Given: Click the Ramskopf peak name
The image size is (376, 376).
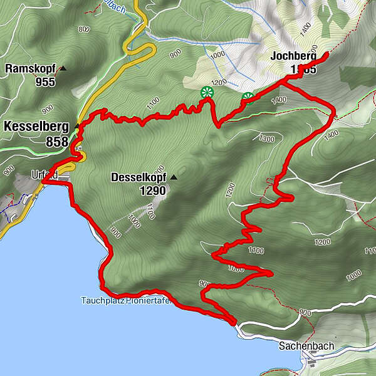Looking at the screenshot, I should click(30, 68).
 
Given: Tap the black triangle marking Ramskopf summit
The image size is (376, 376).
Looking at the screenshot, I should click(63, 68).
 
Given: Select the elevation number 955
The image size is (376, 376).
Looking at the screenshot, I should click(45, 81).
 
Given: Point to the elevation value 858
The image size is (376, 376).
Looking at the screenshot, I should click(57, 142).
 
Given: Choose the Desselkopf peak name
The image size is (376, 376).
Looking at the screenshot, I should click(138, 177).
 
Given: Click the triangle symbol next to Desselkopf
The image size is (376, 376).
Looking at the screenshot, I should click(174, 177).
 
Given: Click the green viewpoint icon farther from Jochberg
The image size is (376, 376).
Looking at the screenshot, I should click(206, 93).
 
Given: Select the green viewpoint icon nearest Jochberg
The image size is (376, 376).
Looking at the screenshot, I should click(248, 98).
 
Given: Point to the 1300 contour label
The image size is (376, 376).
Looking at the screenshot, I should click(266, 138).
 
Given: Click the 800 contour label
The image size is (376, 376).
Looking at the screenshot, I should click(84, 29).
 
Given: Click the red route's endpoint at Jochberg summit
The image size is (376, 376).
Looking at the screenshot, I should click(326, 56).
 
